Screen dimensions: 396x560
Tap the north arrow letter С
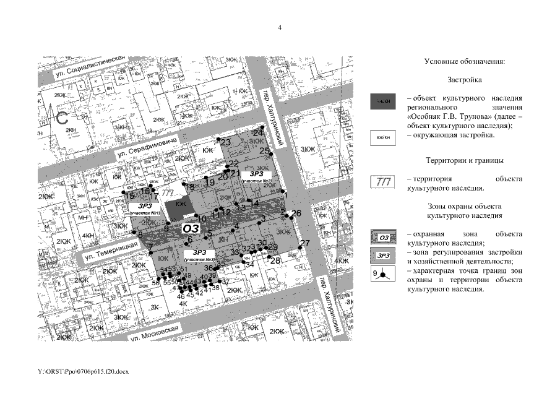[63, 119]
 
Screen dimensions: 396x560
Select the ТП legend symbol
[384, 182]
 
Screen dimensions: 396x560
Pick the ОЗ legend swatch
[384, 238]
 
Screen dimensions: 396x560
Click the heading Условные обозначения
[465, 62]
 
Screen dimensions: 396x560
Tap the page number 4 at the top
[280, 28]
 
